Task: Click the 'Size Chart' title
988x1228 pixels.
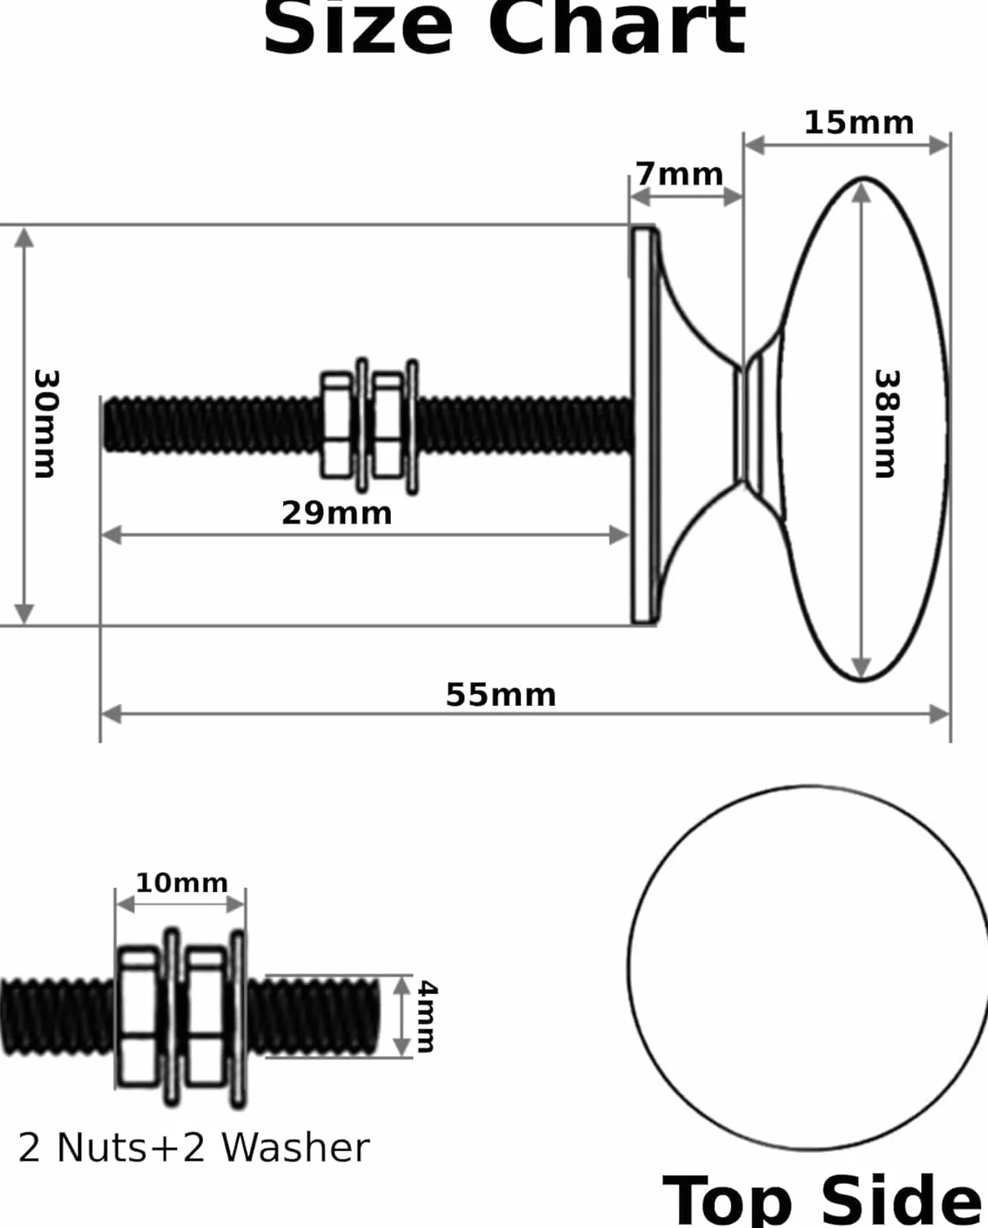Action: [x=504, y=28]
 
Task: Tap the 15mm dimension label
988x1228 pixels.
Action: [x=859, y=124]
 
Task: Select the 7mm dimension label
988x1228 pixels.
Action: [x=679, y=174]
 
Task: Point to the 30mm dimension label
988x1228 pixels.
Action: [x=46, y=424]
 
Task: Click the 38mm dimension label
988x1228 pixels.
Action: [x=887, y=424]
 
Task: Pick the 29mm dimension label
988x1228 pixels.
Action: [x=337, y=513]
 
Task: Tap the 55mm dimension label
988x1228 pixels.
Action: [x=501, y=695]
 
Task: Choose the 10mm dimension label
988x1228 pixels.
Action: [x=182, y=883]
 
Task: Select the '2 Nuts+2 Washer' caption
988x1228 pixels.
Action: [x=194, y=1148]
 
